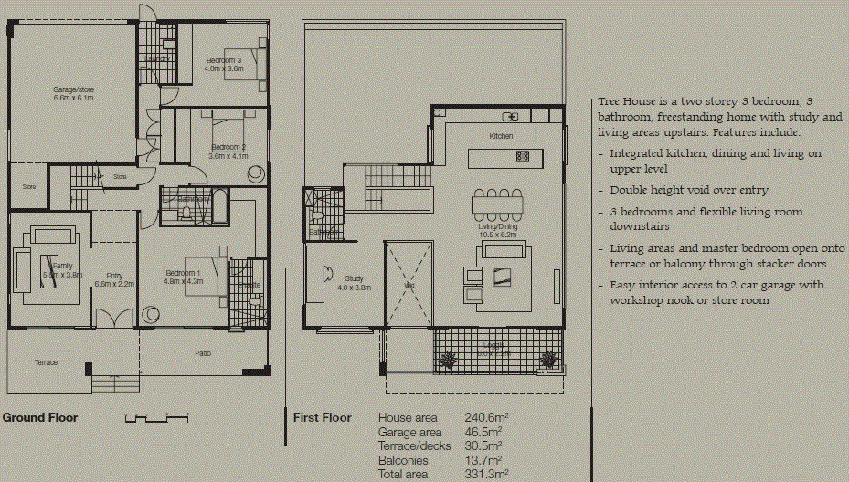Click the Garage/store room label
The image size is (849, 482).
(x=73, y=89)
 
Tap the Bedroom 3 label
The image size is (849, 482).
(x=223, y=60)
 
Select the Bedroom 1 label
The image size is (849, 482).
(x=184, y=273)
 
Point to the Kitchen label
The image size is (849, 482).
(x=501, y=136)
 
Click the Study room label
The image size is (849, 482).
(x=354, y=278)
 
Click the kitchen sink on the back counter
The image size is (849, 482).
(x=513, y=116)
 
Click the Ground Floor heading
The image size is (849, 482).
(x=40, y=418)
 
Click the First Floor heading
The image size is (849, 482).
(x=322, y=418)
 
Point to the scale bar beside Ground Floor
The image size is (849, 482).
(x=156, y=418)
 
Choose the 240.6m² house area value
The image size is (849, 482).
(x=483, y=418)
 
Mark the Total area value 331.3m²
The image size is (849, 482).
(x=483, y=475)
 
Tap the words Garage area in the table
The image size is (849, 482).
(x=410, y=432)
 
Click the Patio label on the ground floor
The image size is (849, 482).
(x=204, y=353)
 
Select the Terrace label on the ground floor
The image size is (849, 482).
(x=46, y=362)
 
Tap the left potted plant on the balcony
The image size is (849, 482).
(x=447, y=360)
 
